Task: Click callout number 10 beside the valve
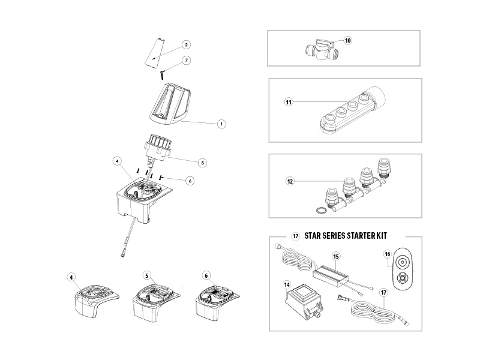348,40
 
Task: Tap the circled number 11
289,102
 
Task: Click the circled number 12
290,181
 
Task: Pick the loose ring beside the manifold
320,210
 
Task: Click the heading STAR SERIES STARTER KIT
346,236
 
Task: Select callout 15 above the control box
336,256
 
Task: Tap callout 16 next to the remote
388,254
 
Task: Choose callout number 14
287,285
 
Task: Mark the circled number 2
186,44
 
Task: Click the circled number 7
187,61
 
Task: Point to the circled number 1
221,124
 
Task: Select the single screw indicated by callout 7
163,74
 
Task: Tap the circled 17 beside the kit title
295,236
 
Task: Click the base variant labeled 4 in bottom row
97,303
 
